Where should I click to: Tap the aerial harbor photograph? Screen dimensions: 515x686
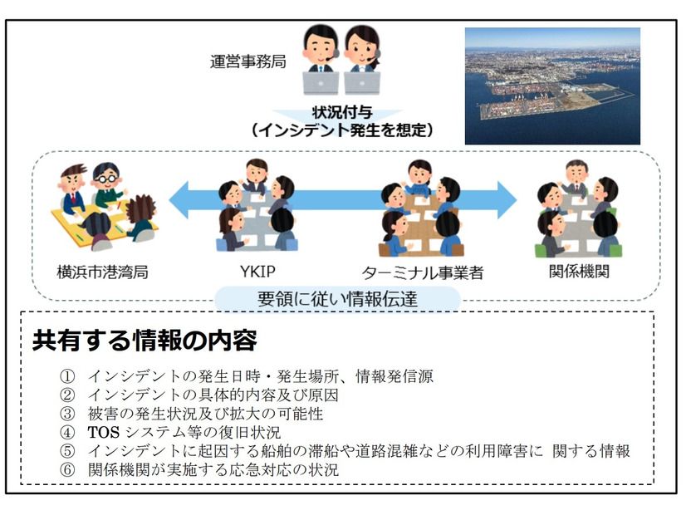click(x=551, y=86)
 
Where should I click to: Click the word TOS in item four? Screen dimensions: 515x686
click(x=105, y=432)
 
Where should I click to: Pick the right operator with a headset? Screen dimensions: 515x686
click(x=363, y=58)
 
